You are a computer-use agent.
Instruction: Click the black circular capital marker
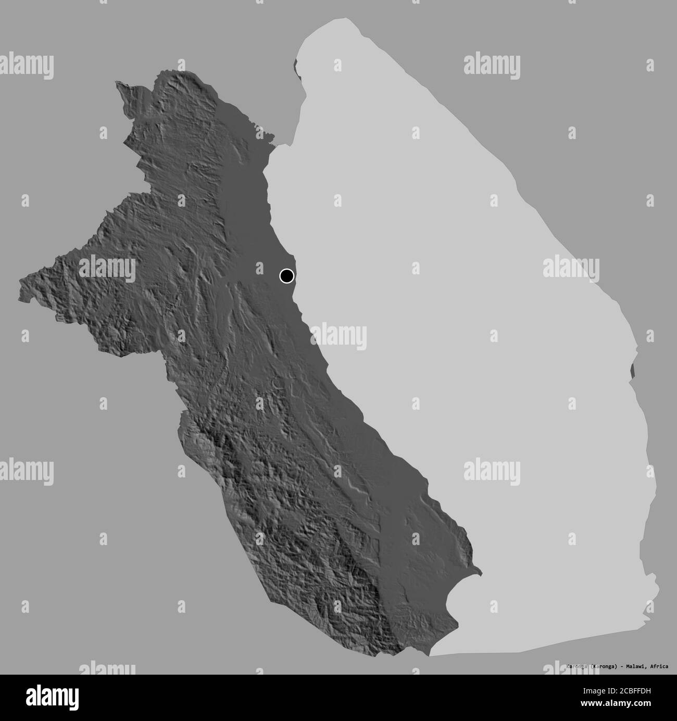tap(286, 275)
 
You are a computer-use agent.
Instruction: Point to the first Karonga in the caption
tap(578, 666)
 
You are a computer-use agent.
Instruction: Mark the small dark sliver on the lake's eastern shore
tap(633, 370)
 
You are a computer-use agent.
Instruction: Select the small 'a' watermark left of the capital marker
tap(259, 268)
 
